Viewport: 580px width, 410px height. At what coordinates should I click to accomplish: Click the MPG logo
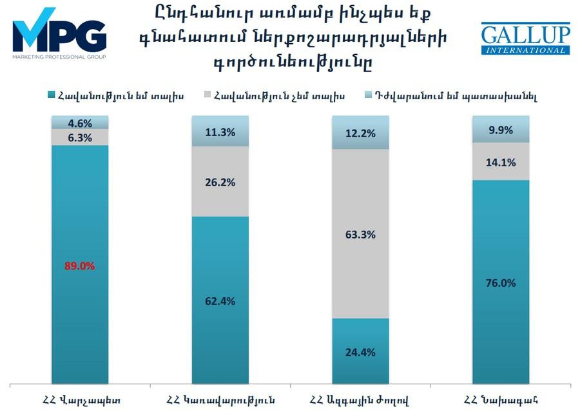coord(59,32)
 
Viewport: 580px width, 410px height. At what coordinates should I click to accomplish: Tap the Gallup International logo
coord(525,39)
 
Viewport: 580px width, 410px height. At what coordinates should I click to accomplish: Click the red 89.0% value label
coord(80,266)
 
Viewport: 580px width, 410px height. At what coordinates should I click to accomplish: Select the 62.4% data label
coord(220,301)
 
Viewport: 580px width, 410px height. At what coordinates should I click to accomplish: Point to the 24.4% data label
coord(360,352)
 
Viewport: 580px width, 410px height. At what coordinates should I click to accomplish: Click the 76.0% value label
coord(501,283)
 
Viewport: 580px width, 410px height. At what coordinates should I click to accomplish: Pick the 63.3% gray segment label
coord(360,235)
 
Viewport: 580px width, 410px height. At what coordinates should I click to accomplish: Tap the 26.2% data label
coord(220,182)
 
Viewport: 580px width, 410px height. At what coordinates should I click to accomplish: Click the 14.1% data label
coord(501,162)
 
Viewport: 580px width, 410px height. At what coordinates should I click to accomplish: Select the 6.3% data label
coord(80,137)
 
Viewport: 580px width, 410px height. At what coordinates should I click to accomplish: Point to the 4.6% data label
coord(80,123)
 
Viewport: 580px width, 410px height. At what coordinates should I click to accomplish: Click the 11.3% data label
coord(220,133)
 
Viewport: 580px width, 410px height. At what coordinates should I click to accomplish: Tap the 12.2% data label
coord(360,133)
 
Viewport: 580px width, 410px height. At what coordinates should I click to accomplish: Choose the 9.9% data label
coord(501,130)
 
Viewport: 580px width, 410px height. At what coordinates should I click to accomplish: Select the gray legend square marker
coord(209,95)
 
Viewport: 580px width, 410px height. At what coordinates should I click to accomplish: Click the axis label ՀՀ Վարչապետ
coord(80,397)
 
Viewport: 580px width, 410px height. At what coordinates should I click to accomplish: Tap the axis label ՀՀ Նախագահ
coord(501,397)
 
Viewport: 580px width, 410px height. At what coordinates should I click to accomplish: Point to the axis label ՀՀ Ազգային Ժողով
coord(360,397)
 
